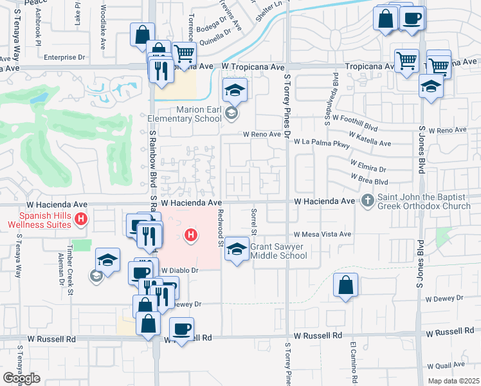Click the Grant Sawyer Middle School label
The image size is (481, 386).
pos(278,251)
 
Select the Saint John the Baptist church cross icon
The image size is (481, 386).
pos(368,201)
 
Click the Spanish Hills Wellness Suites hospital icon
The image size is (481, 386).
pos(80,220)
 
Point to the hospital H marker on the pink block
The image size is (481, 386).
pos(190,236)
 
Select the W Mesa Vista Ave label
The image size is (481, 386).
pos(323,235)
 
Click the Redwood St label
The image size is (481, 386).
pos(220,228)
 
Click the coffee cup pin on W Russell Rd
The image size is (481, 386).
pos(181,330)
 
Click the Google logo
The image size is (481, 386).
pos(21,378)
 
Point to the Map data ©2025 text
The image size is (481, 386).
pos(454,381)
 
